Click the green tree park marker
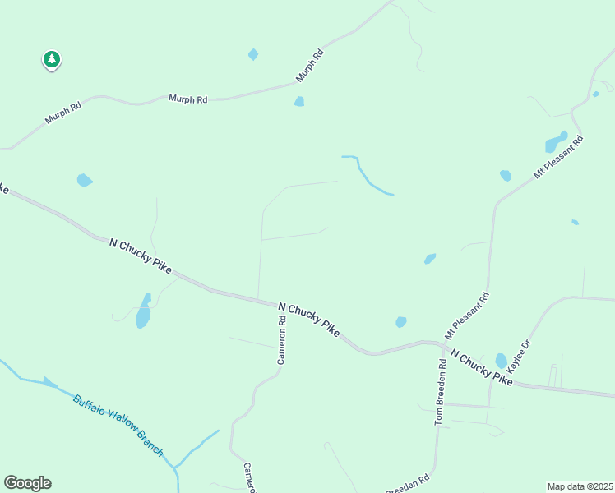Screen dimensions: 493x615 coord(52,60)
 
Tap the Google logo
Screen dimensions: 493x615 coord(27,483)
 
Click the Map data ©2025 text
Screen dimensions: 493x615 coord(579,486)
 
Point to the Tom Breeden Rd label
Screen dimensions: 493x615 coord(441,392)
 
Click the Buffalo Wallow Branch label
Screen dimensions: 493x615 coord(118,426)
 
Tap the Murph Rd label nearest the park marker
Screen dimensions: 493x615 coord(63,113)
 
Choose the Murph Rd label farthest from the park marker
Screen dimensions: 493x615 coord(311,65)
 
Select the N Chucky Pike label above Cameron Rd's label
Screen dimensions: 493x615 coord(309,319)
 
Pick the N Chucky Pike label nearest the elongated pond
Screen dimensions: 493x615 coord(141,255)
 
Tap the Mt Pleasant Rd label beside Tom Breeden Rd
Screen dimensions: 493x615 coord(467,316)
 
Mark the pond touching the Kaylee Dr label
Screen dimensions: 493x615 coord(502,361)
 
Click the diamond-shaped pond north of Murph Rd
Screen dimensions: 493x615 coord(253,54)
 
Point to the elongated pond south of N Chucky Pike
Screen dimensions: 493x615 coord(144,311)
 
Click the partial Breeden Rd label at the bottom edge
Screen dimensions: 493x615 coord(409,485)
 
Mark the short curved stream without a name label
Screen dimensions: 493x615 coord(367,175)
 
